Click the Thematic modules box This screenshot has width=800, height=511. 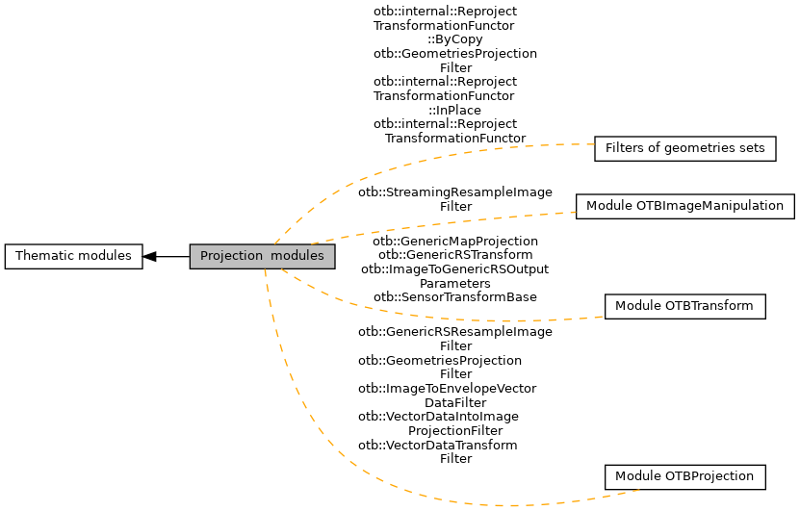tap(73, 256)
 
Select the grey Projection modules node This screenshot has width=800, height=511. tap(262, 256)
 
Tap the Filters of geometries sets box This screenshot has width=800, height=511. tap(685, 148)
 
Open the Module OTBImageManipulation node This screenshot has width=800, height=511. tap(685, 206)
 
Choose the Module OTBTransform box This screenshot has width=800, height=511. tap(684, 306)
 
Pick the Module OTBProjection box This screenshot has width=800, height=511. tap(684, 476)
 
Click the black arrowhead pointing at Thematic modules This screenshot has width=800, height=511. tap(150, 256)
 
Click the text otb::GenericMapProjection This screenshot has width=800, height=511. tap(454, 241)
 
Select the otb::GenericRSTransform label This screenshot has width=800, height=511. tap(454, 254)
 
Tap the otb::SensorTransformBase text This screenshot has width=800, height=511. tap(454, 297)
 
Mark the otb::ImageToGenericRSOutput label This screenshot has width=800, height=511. tap(454, 268)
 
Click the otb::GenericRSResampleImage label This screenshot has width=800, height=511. tap(454, 332)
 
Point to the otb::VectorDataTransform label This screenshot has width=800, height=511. tap(437, 445)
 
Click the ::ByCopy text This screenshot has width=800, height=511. tap(454, 39)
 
